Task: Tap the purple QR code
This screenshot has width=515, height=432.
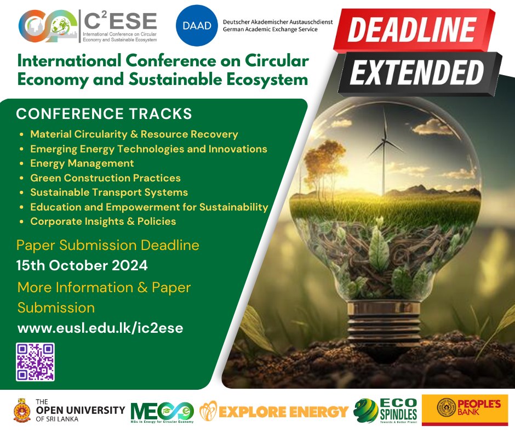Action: pos(36,362)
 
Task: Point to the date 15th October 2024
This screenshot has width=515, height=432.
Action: pos(82,266)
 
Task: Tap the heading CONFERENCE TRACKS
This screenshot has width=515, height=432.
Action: pos(104,114)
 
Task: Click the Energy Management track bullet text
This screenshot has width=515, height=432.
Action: pos(82,163)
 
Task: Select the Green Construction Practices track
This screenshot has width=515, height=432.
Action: pos(105,178)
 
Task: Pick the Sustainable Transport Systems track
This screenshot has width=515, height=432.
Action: pos(109,192)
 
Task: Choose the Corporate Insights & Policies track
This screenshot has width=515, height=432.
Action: pos(103,221)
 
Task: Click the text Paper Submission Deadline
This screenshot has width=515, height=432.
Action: pos(108,245)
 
